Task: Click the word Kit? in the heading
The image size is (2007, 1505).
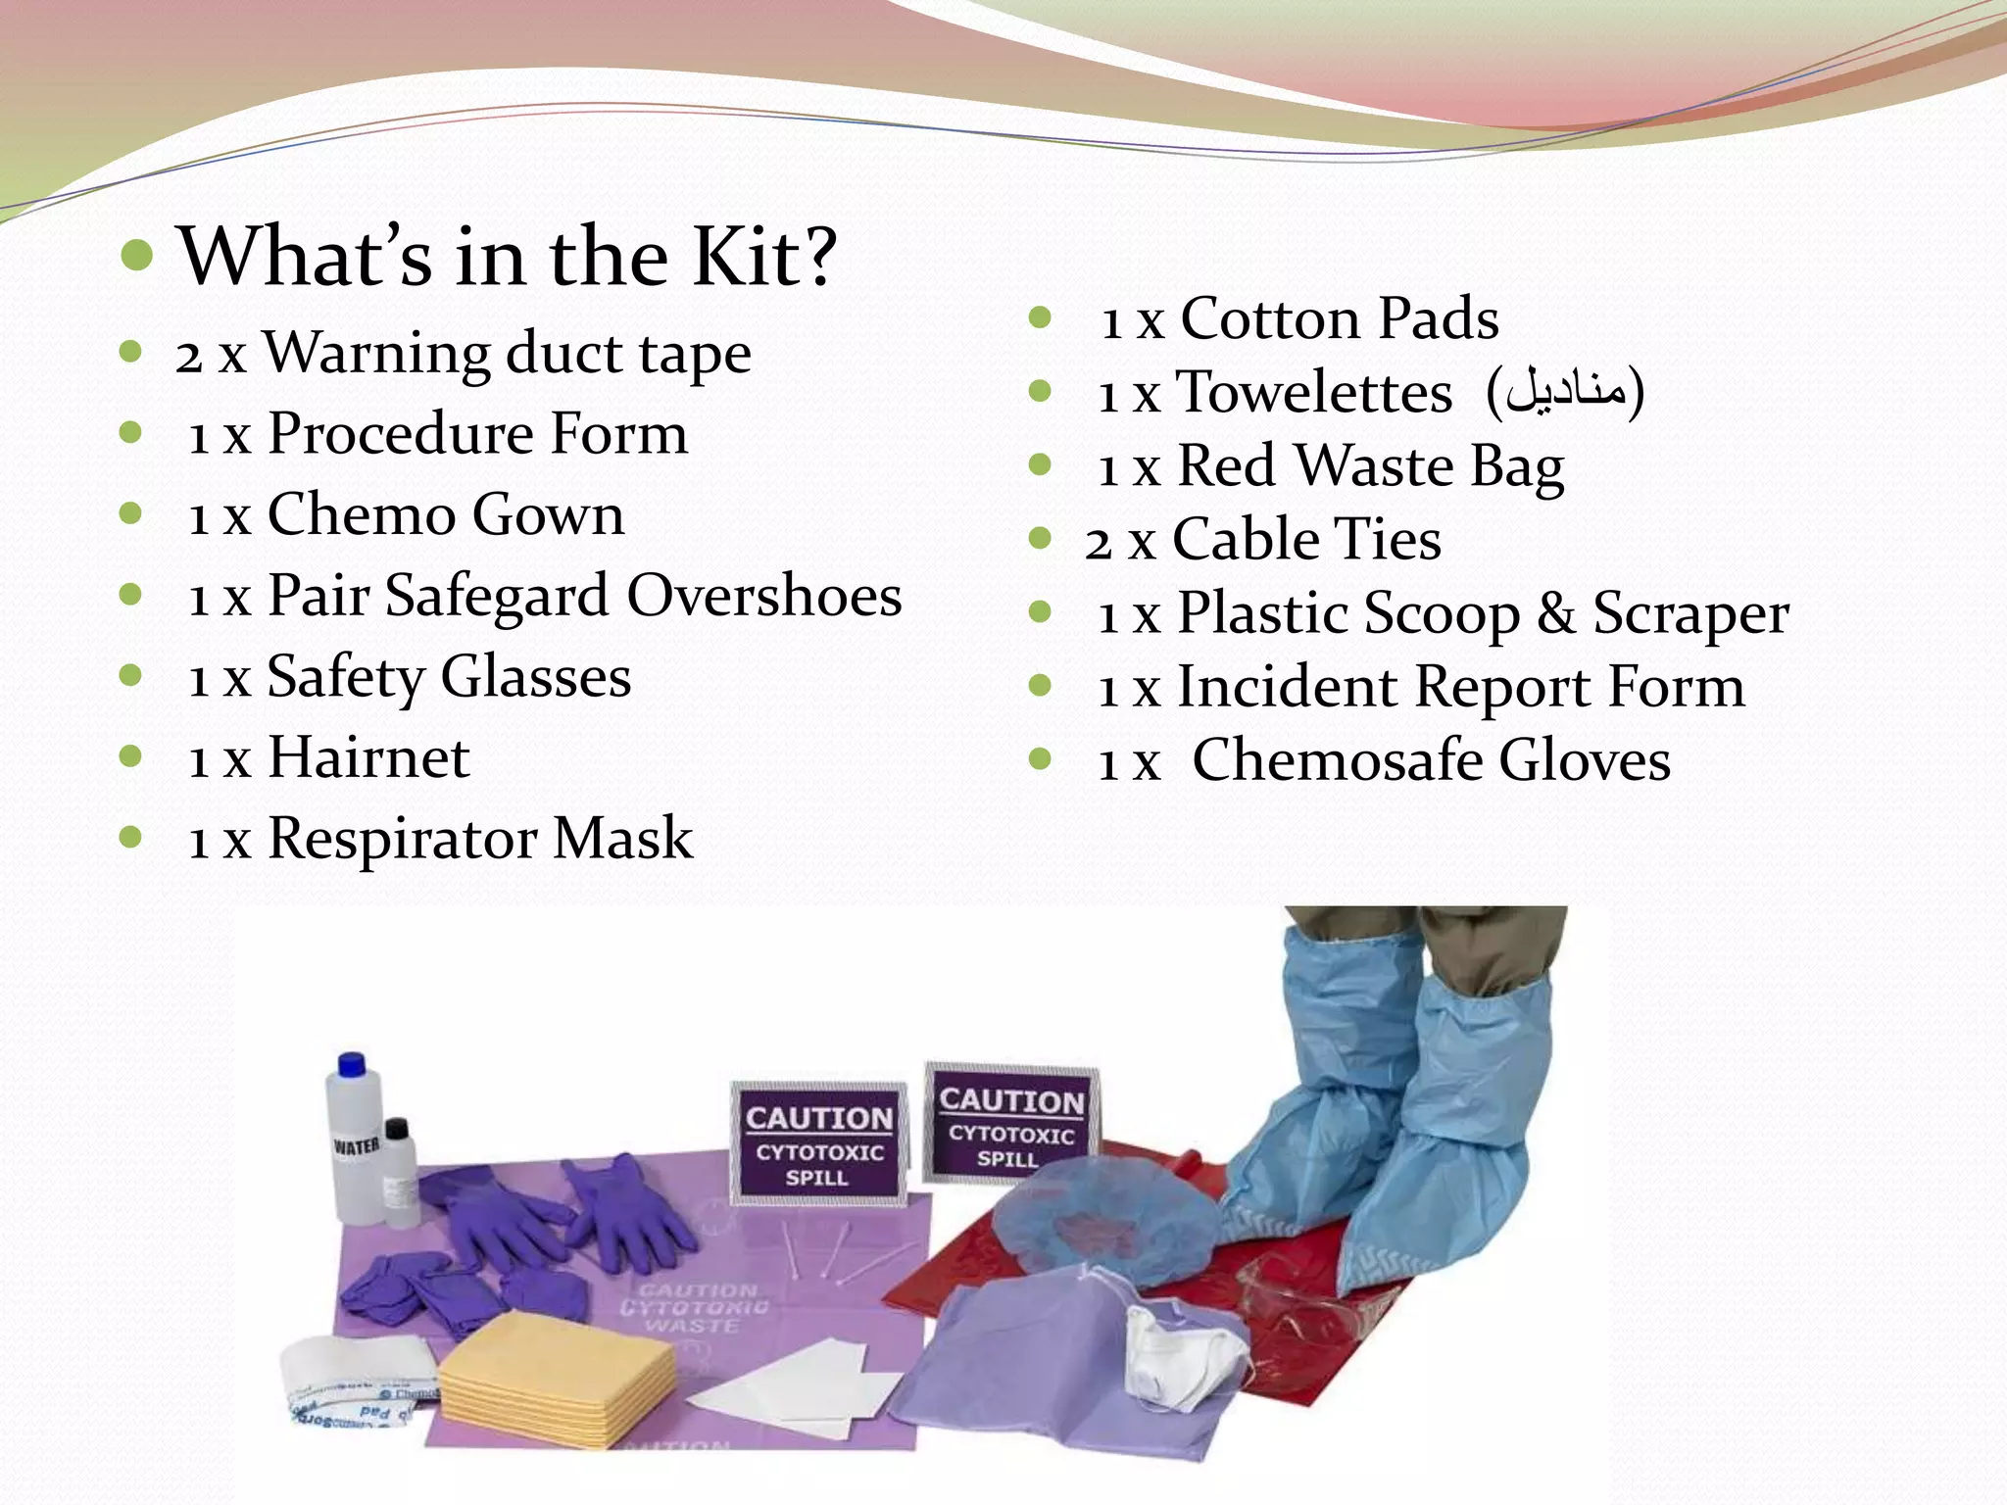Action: coord(764,257)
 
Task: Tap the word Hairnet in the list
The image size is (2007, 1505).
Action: coord(368,758)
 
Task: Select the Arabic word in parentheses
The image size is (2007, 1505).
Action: coord(1565,392)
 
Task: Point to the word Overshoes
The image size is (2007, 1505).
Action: coord(763,596)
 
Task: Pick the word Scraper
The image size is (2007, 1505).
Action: coord(1690,614)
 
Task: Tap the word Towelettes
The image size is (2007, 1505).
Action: coord(1313,393)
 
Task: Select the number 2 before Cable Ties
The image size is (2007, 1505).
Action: coord(1099,542)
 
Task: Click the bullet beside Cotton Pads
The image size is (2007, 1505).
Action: coord(1040,317)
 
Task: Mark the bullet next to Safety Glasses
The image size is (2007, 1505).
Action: coord(130,676)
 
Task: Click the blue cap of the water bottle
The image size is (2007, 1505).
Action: coord(351,1065)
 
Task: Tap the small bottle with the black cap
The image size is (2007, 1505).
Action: coord(398,1171)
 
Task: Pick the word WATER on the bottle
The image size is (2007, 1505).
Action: coord(356,1146)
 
